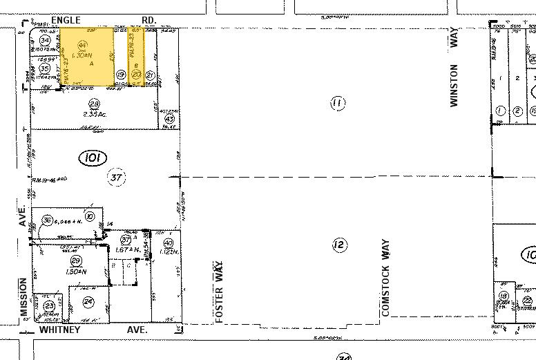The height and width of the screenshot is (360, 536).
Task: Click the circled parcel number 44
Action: point(82,44)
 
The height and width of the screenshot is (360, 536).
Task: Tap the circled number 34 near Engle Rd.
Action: point(44,41)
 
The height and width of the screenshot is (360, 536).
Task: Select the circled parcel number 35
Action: point(44,69)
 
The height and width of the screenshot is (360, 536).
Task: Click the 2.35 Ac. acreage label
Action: point(90,115)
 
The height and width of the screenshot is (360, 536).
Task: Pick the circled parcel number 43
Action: point(169,118)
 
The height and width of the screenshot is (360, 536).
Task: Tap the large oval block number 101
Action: point(92,158)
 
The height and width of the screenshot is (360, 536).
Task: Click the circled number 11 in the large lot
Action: point(337,104)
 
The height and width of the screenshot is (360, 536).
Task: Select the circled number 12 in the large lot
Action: point(338,245)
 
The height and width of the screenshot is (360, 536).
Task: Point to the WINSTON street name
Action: point(454,82)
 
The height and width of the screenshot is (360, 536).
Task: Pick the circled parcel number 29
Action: point(76,260)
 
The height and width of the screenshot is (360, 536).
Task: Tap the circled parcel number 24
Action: point(88,301)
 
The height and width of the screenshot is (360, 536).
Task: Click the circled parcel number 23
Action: point(49,306)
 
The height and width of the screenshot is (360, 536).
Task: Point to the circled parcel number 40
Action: point(168,243)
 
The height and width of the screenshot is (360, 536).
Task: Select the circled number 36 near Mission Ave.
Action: point(48,220)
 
